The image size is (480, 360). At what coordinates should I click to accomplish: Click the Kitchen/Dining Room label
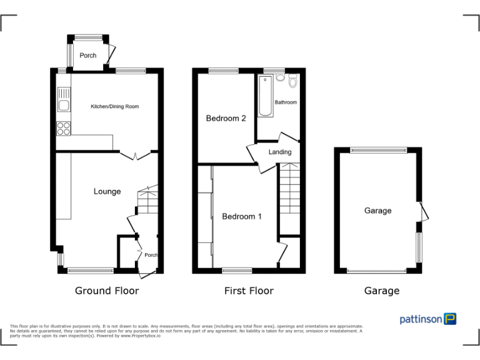click(x=114, y=107)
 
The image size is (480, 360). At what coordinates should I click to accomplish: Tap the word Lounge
click(x=107, y=192)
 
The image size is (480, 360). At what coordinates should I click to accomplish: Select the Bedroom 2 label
click(x=226, y=119)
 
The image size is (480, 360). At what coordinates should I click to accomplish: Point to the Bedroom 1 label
click(x=242, y=217)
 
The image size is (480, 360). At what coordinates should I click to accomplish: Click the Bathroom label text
click(x=286, y=102)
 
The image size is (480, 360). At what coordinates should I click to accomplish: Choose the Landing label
click(x=280, y=152)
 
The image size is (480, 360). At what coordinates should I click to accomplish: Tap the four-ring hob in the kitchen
click(x=64, y=127)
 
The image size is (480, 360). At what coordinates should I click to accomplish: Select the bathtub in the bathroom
click(x=264, y=97)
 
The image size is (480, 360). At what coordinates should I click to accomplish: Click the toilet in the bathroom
click(x=292, y=81)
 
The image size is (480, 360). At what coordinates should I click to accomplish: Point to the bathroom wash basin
click(x=280, y=78)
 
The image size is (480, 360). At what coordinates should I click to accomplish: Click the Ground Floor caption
click(x=107, y=291)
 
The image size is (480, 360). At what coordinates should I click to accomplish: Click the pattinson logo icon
click(x=450, y=319)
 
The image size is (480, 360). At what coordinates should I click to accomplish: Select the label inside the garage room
click(x=377, y=211)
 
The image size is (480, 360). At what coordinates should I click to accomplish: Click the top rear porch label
click(x=88, y=56)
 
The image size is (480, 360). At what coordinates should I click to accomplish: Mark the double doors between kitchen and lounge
click(x=135, y=155)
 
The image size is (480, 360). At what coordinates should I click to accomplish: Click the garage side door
click(x=424, y=211)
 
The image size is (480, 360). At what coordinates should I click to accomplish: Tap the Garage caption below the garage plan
click(x=381, y=291)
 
